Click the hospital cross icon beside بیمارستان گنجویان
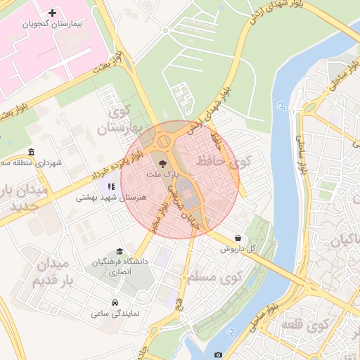coord(53,13)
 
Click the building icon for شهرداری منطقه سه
coord(31,153)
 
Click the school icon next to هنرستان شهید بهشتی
coord(110,187)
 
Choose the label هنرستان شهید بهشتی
coord(112,198)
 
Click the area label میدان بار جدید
coord(25,199)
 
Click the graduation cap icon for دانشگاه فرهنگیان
coord(120,251)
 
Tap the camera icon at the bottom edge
coord(218,354)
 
